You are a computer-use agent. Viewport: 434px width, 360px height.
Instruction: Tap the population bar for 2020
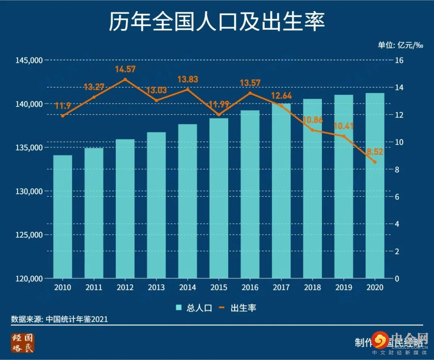coord(375,185)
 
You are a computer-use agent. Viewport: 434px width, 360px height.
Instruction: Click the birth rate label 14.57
coord(125,69)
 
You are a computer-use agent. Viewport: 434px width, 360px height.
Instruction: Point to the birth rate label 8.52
coord(375,152)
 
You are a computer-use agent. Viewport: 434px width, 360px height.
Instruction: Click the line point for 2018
coord(312,130)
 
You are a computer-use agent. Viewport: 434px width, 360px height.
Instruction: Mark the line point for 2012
coord(125,79)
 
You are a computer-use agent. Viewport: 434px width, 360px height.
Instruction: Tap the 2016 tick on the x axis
coord(250,288)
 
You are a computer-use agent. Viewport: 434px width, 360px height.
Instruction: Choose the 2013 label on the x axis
coord(156,288)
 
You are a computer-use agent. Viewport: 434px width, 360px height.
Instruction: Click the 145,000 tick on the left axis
coord(29,60)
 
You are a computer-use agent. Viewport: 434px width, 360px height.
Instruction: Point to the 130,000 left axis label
coord(29,191)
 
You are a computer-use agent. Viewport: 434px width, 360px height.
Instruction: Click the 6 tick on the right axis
coord(397,197)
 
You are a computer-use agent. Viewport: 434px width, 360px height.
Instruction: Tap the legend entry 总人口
coord(194,308)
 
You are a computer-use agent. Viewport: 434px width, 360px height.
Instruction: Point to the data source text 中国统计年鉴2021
coord(76,319)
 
